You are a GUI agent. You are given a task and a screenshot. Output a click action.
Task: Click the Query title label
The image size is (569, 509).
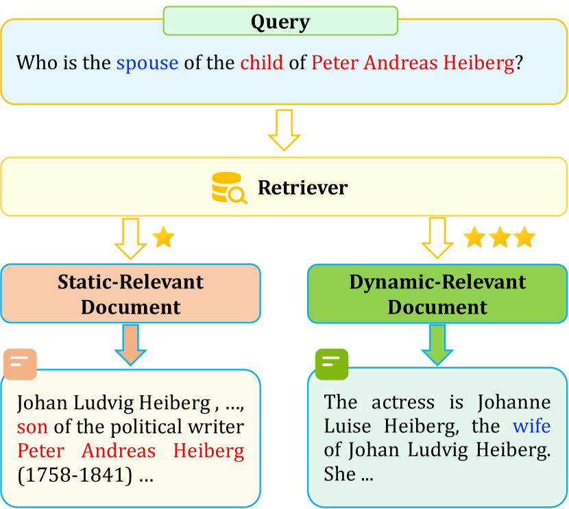(x=280, y=21)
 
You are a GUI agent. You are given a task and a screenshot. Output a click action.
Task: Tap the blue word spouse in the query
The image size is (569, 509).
(x=147, y=63)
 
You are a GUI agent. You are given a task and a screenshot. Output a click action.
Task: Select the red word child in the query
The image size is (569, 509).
(x=261, y=63)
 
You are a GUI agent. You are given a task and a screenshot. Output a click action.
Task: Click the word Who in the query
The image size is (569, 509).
(x=35, y=63)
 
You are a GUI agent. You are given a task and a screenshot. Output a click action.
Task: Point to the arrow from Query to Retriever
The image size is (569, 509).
(x=284, y=129)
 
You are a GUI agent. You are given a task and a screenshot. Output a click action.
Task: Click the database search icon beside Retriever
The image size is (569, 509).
(x=229, y=188)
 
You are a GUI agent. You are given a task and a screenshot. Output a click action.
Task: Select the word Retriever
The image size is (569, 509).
(x=302, y=188)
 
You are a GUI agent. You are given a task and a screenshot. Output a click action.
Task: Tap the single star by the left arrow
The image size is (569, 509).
(x=163, y=238)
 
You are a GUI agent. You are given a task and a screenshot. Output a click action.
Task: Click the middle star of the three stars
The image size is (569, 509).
(x=500, y=238)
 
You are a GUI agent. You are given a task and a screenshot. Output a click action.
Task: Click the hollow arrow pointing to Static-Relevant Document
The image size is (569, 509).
(x=130, y=238)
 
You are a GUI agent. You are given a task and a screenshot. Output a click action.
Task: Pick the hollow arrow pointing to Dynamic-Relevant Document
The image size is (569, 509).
(x=437, y=238)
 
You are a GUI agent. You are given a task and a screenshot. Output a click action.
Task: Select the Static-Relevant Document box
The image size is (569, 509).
(x=130, y=294)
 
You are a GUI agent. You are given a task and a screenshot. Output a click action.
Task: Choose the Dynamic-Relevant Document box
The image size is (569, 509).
(x=437, y=294)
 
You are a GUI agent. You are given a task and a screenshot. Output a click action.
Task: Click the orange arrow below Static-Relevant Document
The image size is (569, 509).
(x=130, y=344)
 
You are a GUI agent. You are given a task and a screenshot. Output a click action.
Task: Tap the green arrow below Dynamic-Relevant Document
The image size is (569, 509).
(x=437, y=344)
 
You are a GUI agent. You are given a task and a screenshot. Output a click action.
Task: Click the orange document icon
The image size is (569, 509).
(x=21, y=364)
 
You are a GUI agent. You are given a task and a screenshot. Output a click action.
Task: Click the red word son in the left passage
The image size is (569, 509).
(x=32, y=427)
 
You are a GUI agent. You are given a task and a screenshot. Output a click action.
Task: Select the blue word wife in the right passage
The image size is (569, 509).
(x=531, y=426)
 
